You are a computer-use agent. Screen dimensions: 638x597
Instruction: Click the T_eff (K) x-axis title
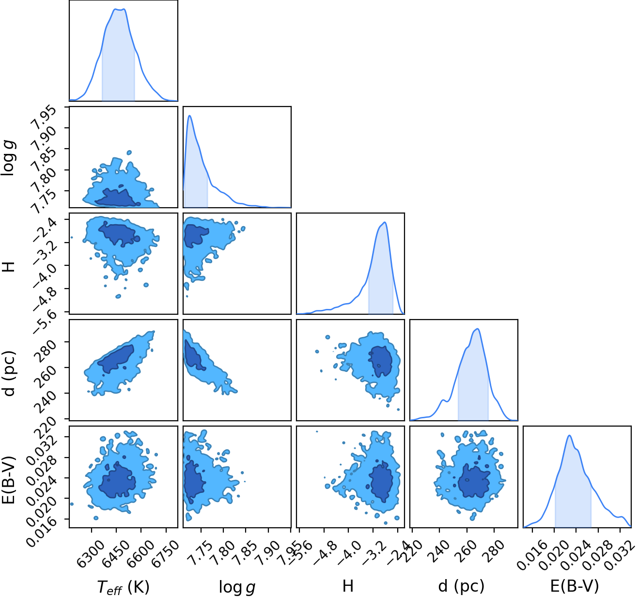pyautogui.click(x=124, y=587)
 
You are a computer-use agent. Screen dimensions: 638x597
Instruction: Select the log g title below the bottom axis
pyautogui.click(x=237, y=587)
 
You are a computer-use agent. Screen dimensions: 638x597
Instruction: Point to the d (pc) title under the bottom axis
pyautogui.click(x=461, y=587)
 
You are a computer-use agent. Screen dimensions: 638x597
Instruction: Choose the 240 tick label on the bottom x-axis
pyautogui.click(x=436, y=550)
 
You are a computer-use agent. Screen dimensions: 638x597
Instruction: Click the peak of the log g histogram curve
pyautogui.click(x=189, y=115)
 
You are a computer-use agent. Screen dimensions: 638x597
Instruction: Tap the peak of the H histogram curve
pyautogui.click(x=384, y=222)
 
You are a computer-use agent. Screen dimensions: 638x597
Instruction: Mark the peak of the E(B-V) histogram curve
pyautogui.click(x=569, y=435)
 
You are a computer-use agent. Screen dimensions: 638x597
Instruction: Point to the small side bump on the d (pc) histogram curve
pyautogui.click(x=443, y=400)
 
